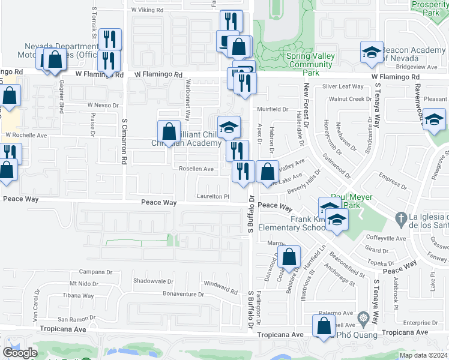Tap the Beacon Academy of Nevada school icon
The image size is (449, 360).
point(372,52)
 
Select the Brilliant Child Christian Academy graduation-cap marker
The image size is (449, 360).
point(229,128)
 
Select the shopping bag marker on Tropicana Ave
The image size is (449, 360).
point(324,326)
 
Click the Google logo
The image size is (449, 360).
point(20,353)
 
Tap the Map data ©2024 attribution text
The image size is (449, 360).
point(423,355)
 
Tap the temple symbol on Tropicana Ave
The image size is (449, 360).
point(362,317)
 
